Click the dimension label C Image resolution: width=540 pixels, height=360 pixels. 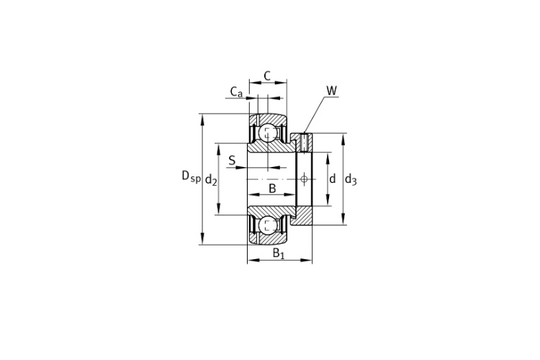(x=267, y=76)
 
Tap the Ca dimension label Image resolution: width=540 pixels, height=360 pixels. (x=236, y=92)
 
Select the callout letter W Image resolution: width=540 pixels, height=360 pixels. (x=332, y=91)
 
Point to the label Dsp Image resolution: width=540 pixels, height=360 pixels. (x=191, y=176)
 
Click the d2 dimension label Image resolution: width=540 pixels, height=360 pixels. (x=211, y=179)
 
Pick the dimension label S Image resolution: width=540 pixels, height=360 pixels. (x=232, y=160)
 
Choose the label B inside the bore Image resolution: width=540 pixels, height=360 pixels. (x=272, y=189)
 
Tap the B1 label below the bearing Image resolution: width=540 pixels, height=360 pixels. (x=279, y=253)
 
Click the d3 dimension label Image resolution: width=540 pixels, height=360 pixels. (x=351, y=179)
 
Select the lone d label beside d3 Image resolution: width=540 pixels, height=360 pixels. (x=333, y=179)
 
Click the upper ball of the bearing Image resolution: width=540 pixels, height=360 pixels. (x=268, y=132)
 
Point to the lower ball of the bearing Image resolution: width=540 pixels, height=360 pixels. (x=268, y=225)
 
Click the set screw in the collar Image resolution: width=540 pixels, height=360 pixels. (x=304, y=143)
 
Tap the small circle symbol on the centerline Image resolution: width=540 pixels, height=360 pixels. (x=304, y=179)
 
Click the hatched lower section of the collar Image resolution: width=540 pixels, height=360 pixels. (x=302, y=216)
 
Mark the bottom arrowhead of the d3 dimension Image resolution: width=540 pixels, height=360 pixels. (x=343, y=220)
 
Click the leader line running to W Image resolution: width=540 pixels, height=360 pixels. (x=315, y=114)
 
